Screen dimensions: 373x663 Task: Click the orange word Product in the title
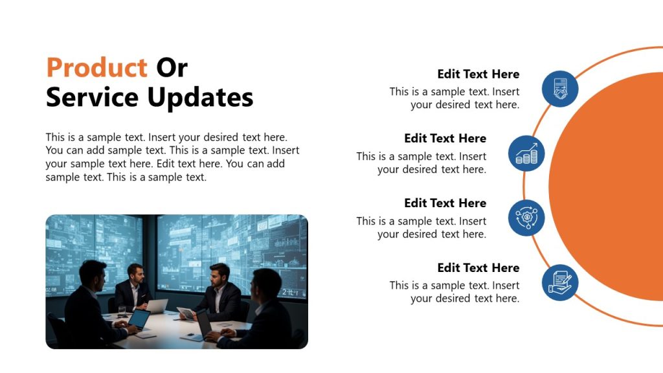pos(96,68)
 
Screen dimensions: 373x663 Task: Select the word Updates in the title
pos(200,97)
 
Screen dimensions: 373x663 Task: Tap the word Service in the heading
pos(92,97)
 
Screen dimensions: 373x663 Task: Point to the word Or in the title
pos(172,68)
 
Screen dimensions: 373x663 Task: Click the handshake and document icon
pos(559,89)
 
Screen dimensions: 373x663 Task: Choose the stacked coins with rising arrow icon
pos(526,153)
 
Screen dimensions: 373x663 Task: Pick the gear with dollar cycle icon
pos(526,218)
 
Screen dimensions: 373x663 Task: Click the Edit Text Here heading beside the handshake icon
pos(478,74)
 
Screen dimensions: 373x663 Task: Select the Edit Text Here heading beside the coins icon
pos(445,138)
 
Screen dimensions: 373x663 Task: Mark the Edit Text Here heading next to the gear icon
pos(445,203)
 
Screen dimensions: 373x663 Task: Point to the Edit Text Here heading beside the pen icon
pos(478,267)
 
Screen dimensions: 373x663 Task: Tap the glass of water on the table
pos(122,310)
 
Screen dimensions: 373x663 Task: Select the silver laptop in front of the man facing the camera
pos(156,305)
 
